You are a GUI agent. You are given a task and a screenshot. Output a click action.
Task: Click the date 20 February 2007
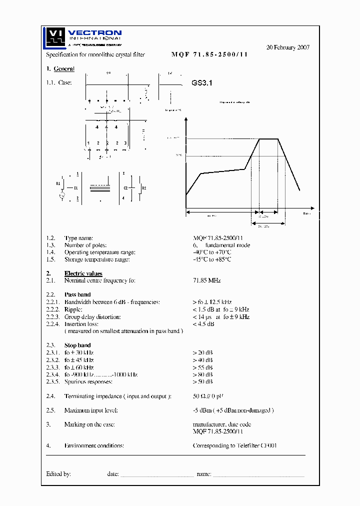287,47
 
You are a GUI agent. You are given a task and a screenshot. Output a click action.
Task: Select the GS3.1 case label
202,83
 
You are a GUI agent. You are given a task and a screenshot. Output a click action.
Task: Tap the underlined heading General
64,69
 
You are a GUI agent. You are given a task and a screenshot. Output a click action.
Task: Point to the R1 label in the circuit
58,183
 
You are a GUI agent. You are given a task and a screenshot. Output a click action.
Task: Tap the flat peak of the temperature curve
268,138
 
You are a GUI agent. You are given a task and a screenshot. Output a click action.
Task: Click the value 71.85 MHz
206,281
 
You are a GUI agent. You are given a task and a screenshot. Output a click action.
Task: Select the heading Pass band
77,295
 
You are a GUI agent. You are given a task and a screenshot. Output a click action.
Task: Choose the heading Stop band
77,345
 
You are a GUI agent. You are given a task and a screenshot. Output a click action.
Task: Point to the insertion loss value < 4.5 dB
203,324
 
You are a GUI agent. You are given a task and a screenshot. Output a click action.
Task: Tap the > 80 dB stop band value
202,374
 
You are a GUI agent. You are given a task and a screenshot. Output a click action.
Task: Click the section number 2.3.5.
53,381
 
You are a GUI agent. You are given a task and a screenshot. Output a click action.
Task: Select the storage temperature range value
211,259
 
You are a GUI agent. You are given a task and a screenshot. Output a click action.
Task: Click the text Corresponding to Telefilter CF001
234,445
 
